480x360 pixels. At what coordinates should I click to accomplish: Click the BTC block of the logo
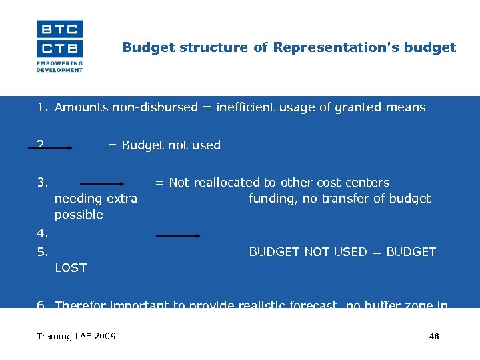pyautogui.click(x=59, y=29)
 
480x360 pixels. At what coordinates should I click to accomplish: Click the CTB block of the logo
pyautogui.click(x=59, y=48)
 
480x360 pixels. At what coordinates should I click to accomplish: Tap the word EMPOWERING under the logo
pyautogui.click(x=59, y=64)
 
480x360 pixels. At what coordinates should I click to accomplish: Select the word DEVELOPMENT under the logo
pyautogui.click(x=59, y=70)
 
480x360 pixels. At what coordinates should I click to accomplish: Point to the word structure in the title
pyautogui.click(x=194, y=47)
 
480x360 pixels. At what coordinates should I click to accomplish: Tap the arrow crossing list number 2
pyautogui.click(x=54, y=149)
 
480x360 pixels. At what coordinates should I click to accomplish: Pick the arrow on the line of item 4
pyautogui.click(x=178, y=235)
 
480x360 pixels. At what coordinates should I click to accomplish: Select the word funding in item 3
pyautogui.click(x=270, y=199)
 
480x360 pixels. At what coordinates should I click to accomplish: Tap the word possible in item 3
pyautogui.click(x=79, y=215)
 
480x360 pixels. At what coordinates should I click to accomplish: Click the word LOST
pyautogui.click(x=71, y=268)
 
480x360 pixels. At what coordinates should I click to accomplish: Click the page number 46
pyautogui.click(x=434, y=337)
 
